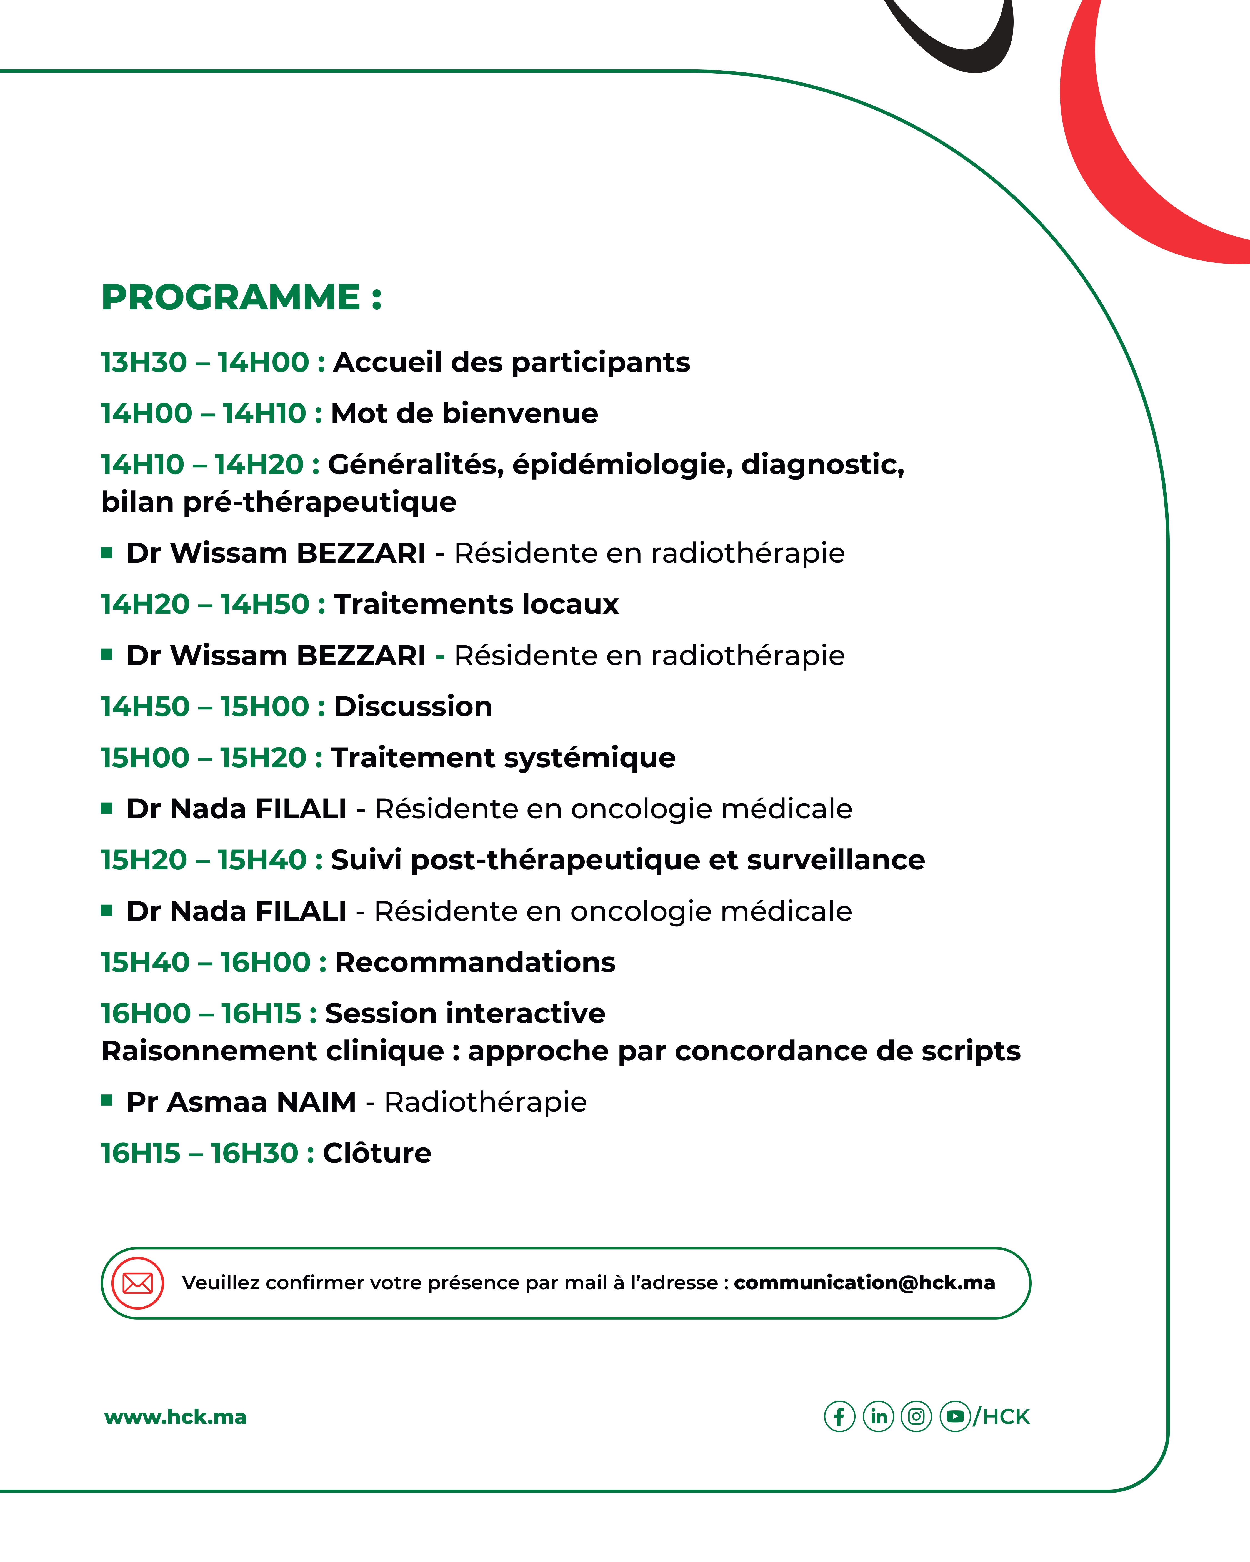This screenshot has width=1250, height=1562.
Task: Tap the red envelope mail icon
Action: [138, 1283]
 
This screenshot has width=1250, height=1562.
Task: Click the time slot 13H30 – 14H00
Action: [205, 362]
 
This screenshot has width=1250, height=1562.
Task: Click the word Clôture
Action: [377, 1153]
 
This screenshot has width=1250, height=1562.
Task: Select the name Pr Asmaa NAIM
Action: [241, 1102]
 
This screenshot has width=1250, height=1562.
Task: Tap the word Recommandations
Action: [475, 962]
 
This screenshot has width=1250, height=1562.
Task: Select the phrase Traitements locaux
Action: [476, 604]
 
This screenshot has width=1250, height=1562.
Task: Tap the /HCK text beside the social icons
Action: [1002, 1417]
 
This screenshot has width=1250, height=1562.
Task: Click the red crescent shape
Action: [1109, 167]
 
